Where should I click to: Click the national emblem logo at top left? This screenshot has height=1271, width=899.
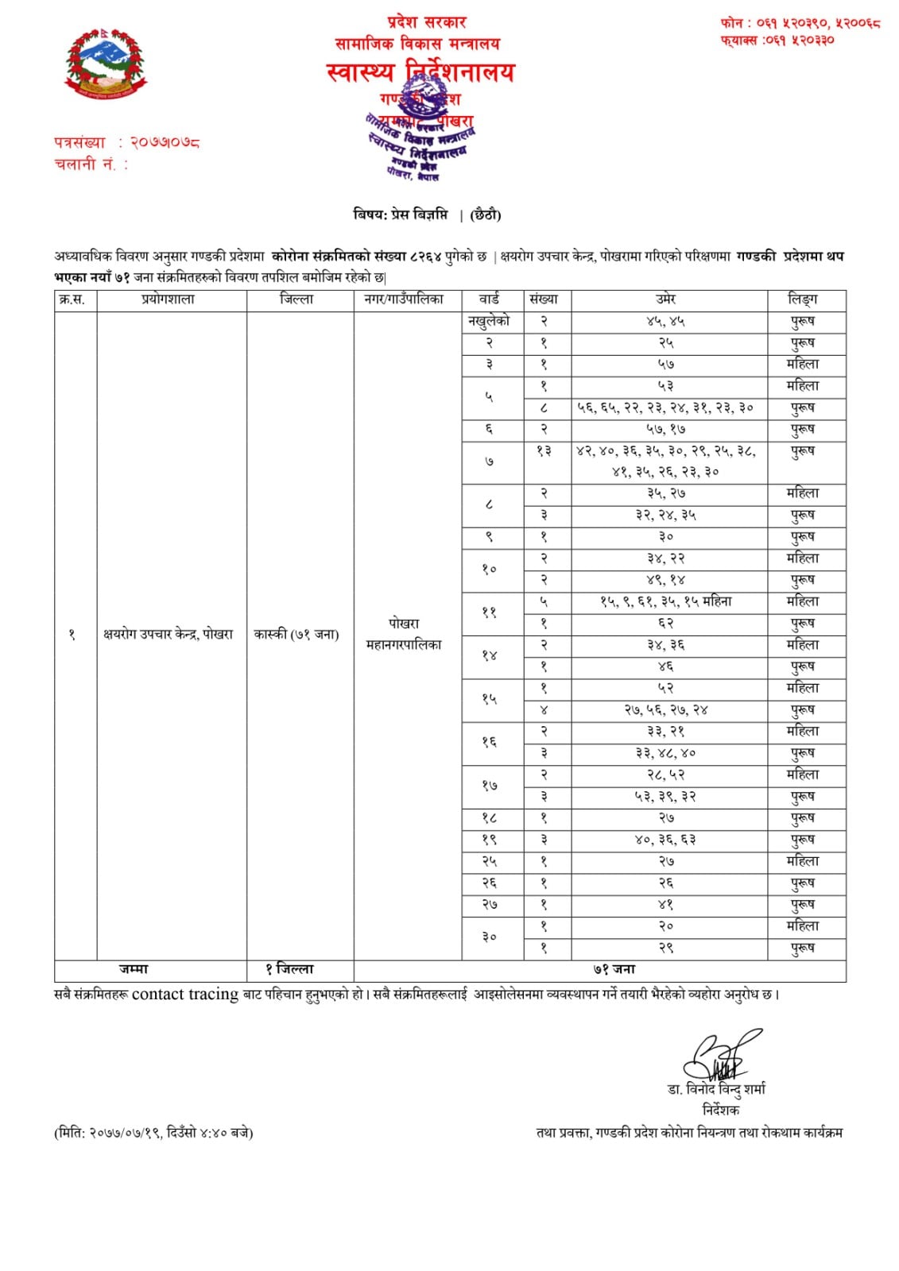[106, 66]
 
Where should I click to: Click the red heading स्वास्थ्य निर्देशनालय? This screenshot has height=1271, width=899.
[420, 73]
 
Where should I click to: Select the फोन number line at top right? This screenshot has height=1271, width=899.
[800, 23]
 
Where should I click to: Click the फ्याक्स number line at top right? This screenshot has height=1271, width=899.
[777, 40]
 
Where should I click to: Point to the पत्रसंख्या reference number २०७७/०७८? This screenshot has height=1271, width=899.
[166, 143]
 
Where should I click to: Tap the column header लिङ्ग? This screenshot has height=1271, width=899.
[803, 299]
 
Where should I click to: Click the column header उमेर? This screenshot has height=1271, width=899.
[666, 299]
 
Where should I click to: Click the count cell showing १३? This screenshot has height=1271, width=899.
[544, 451]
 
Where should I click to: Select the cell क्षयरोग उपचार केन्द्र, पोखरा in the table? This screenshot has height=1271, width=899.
[168, 634]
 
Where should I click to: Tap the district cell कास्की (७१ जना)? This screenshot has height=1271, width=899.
[296, 634]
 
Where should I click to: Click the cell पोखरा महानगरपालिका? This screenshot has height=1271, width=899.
[404, 634]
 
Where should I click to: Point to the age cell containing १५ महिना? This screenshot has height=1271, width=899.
[665, 601]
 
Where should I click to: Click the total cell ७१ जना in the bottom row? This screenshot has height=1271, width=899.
[614, 969]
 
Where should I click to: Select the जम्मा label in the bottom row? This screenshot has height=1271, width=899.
[134, 969]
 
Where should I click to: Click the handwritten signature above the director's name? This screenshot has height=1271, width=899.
[719, 1056]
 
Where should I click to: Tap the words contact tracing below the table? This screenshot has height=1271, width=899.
[185, 994]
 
